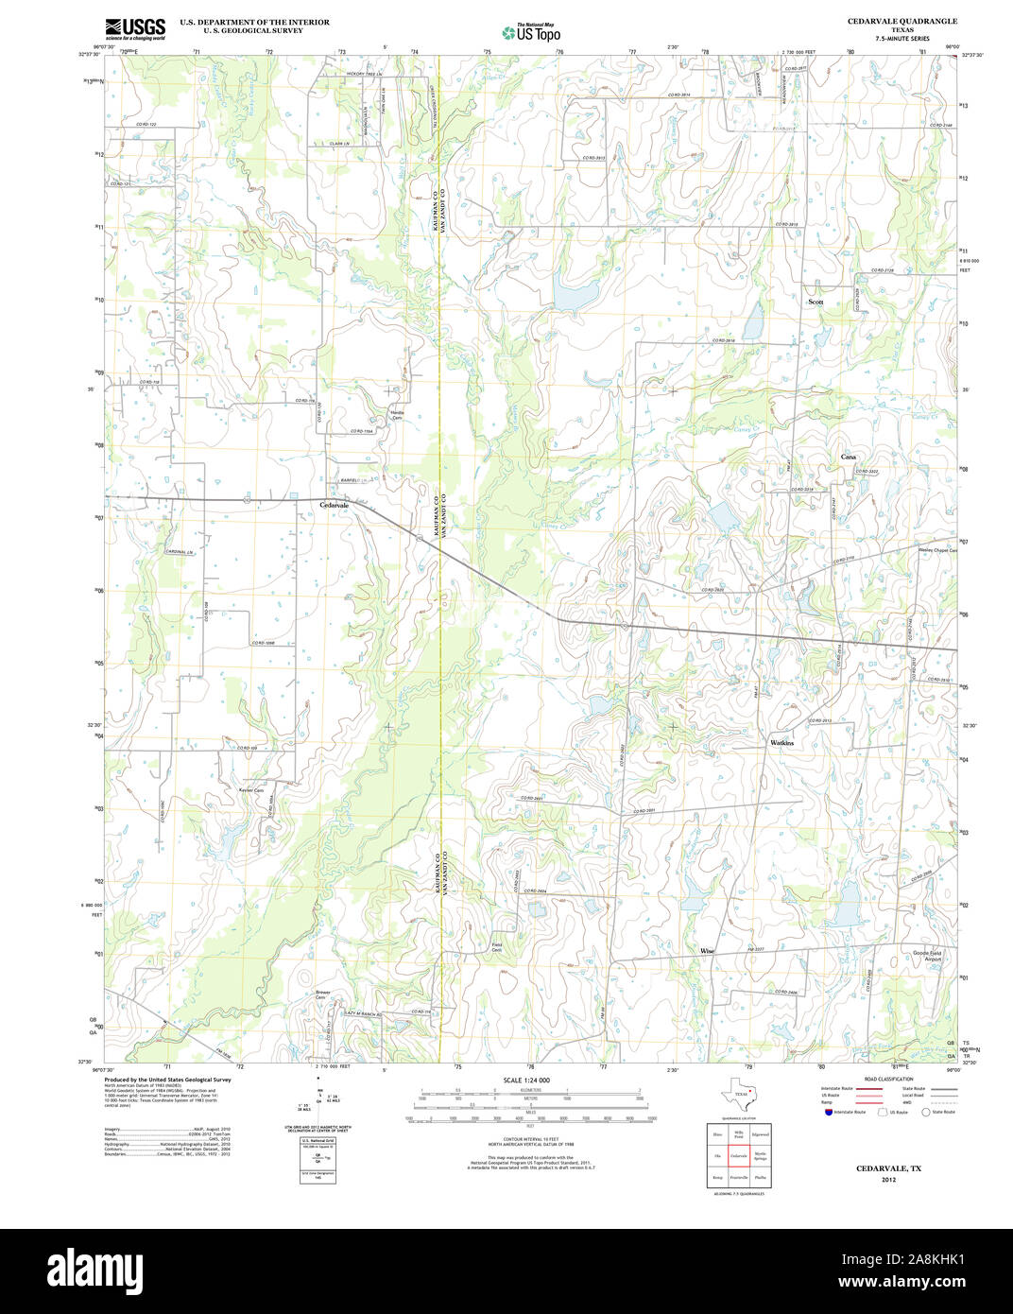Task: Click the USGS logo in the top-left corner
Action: (x=134, y=26)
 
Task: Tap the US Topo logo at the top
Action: (x=530, y=32)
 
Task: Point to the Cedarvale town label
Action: (x=335, y=505)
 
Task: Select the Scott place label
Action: (x=816, y=302)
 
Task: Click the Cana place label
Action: (x=849, y=457)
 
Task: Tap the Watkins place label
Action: (x=781, y=743)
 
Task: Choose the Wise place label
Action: (x=707, y=950)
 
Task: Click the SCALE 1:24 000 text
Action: (x=526, y=1080)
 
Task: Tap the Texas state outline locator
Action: (x=737, y=1096)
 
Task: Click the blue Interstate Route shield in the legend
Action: (x=828, y=1112)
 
